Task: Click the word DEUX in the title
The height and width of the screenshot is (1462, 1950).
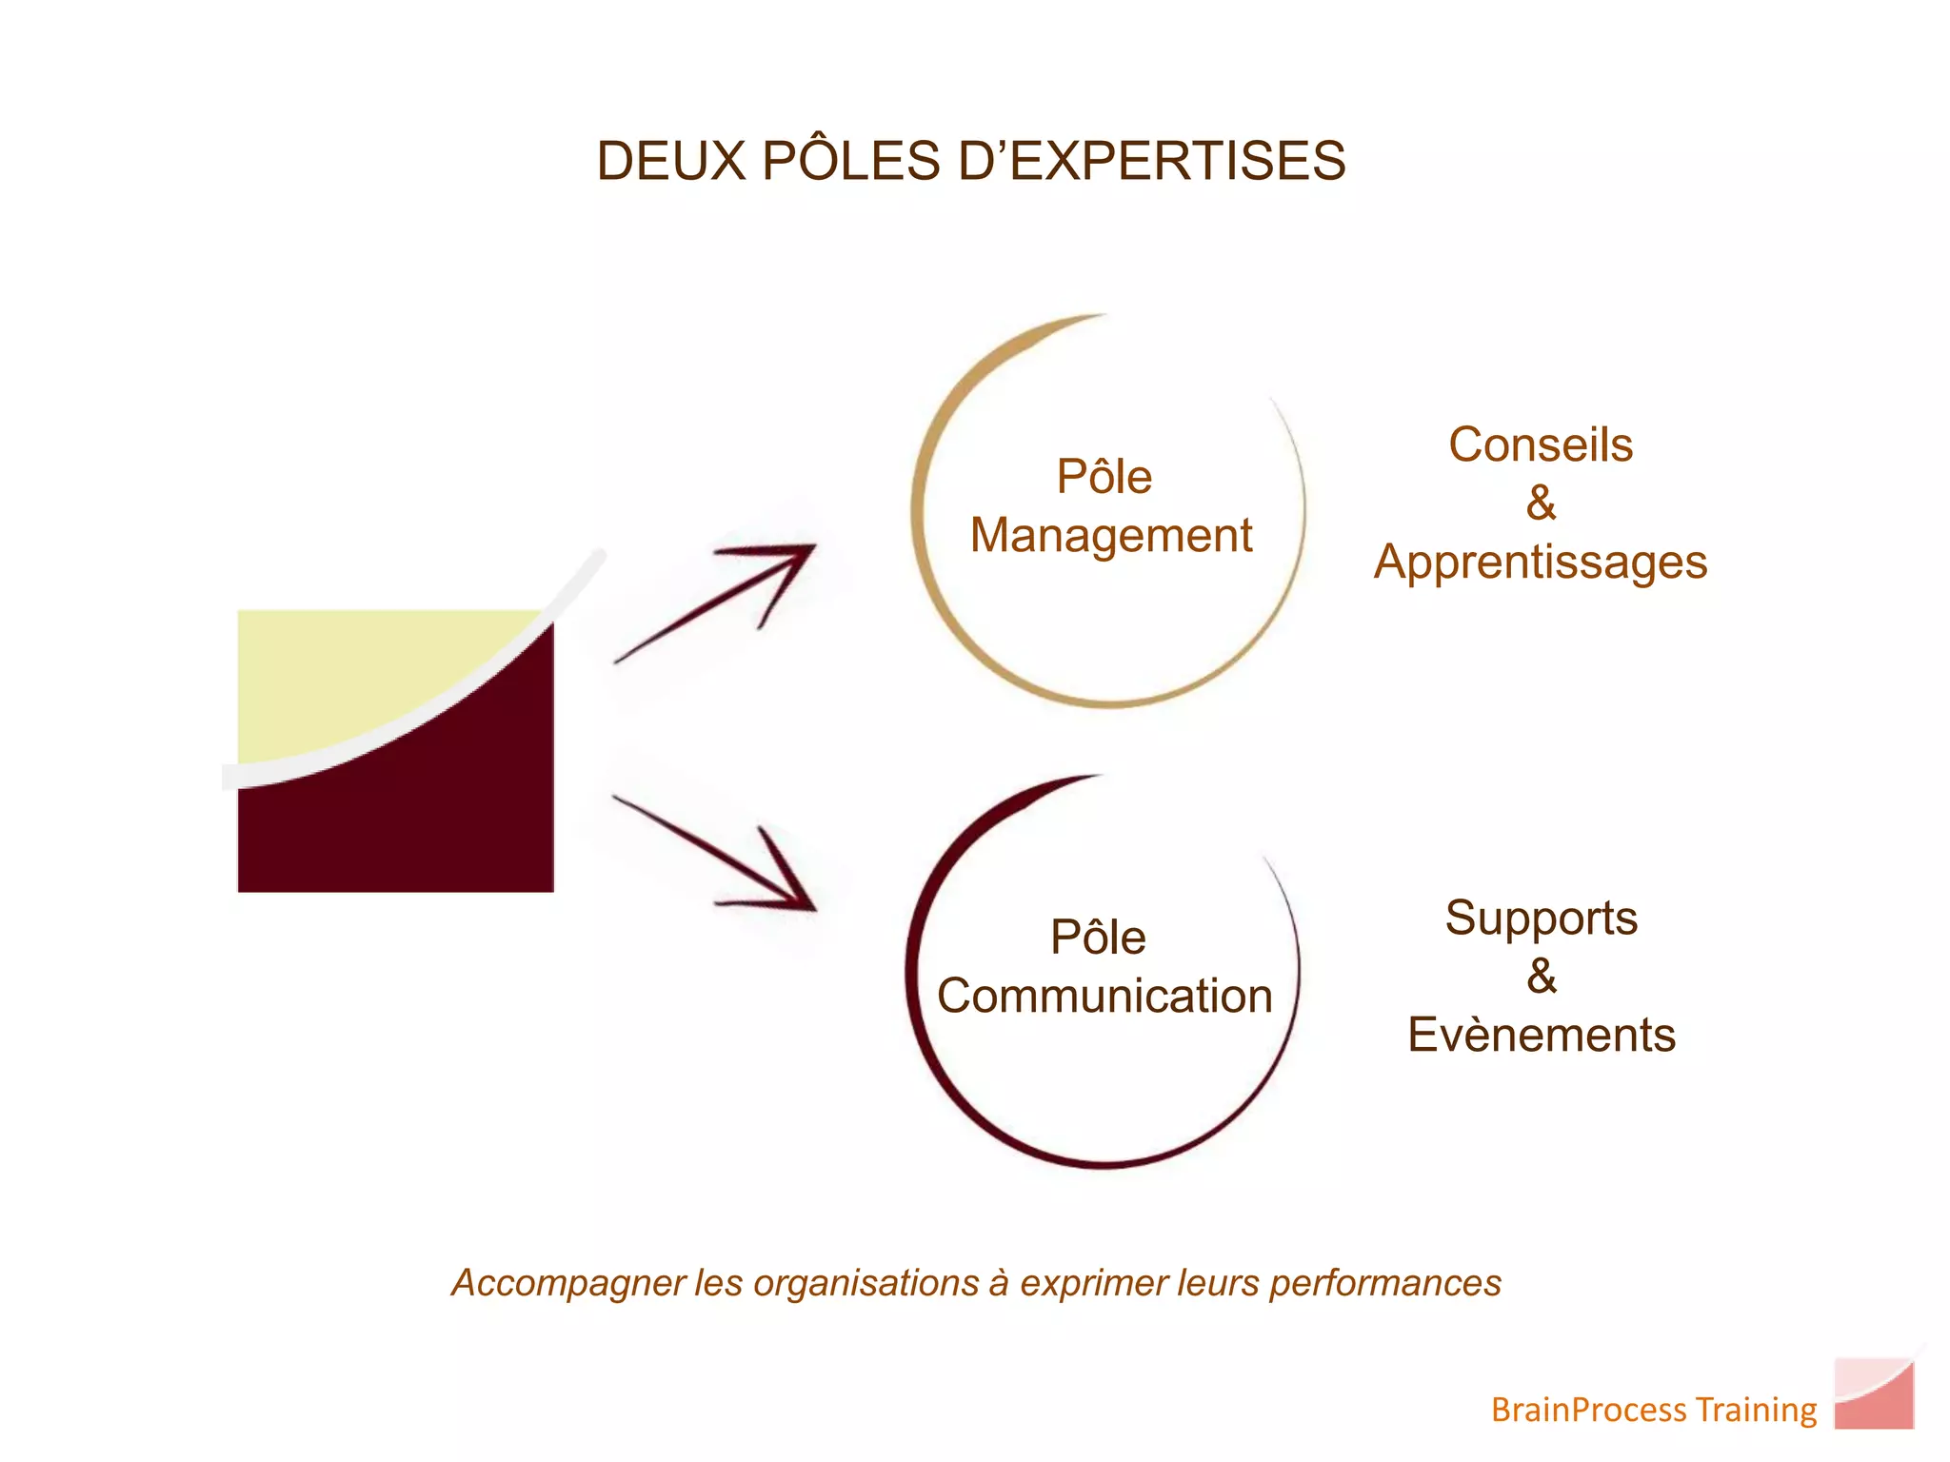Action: pyautogui.click(x=670, y=161)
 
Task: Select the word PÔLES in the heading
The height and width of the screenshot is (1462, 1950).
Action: pyautogui.click(x=851, y=161)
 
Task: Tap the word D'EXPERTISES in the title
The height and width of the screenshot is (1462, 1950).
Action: pyautogui.click(x=1151, y=161)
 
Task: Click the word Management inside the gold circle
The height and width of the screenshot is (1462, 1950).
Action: pyautogui.click(x=1110, y=536)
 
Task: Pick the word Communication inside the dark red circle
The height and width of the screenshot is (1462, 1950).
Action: pyautogui.click(x=1104, y=997)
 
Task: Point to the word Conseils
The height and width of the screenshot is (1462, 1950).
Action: pyautogui.click(x=1541, y=445)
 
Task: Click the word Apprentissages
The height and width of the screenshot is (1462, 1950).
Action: pyautogui.click(x=1541, y=563)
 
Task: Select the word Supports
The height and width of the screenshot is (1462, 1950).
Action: pyautogui.click(x=1541, y=919)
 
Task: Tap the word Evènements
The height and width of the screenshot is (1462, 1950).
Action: pyautogui.click(x=1541, y=1036)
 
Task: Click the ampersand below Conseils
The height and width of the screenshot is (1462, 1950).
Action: pyautogui.click(x=1541, y=504)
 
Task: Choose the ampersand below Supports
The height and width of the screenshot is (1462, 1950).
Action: pyautogui.click(x=1542, y=977)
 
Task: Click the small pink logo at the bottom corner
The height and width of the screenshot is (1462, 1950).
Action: pyautogui.click(x=1873, y=1393)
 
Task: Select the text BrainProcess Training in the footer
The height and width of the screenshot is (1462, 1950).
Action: pyautogui.click(x=1654, y=1410)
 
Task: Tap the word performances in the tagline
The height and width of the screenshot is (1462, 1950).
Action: pyautogui.click(x=1385, y=1284)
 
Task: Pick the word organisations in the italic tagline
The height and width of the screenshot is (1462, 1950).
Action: pyautogui.click(x=866, y=1284)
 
